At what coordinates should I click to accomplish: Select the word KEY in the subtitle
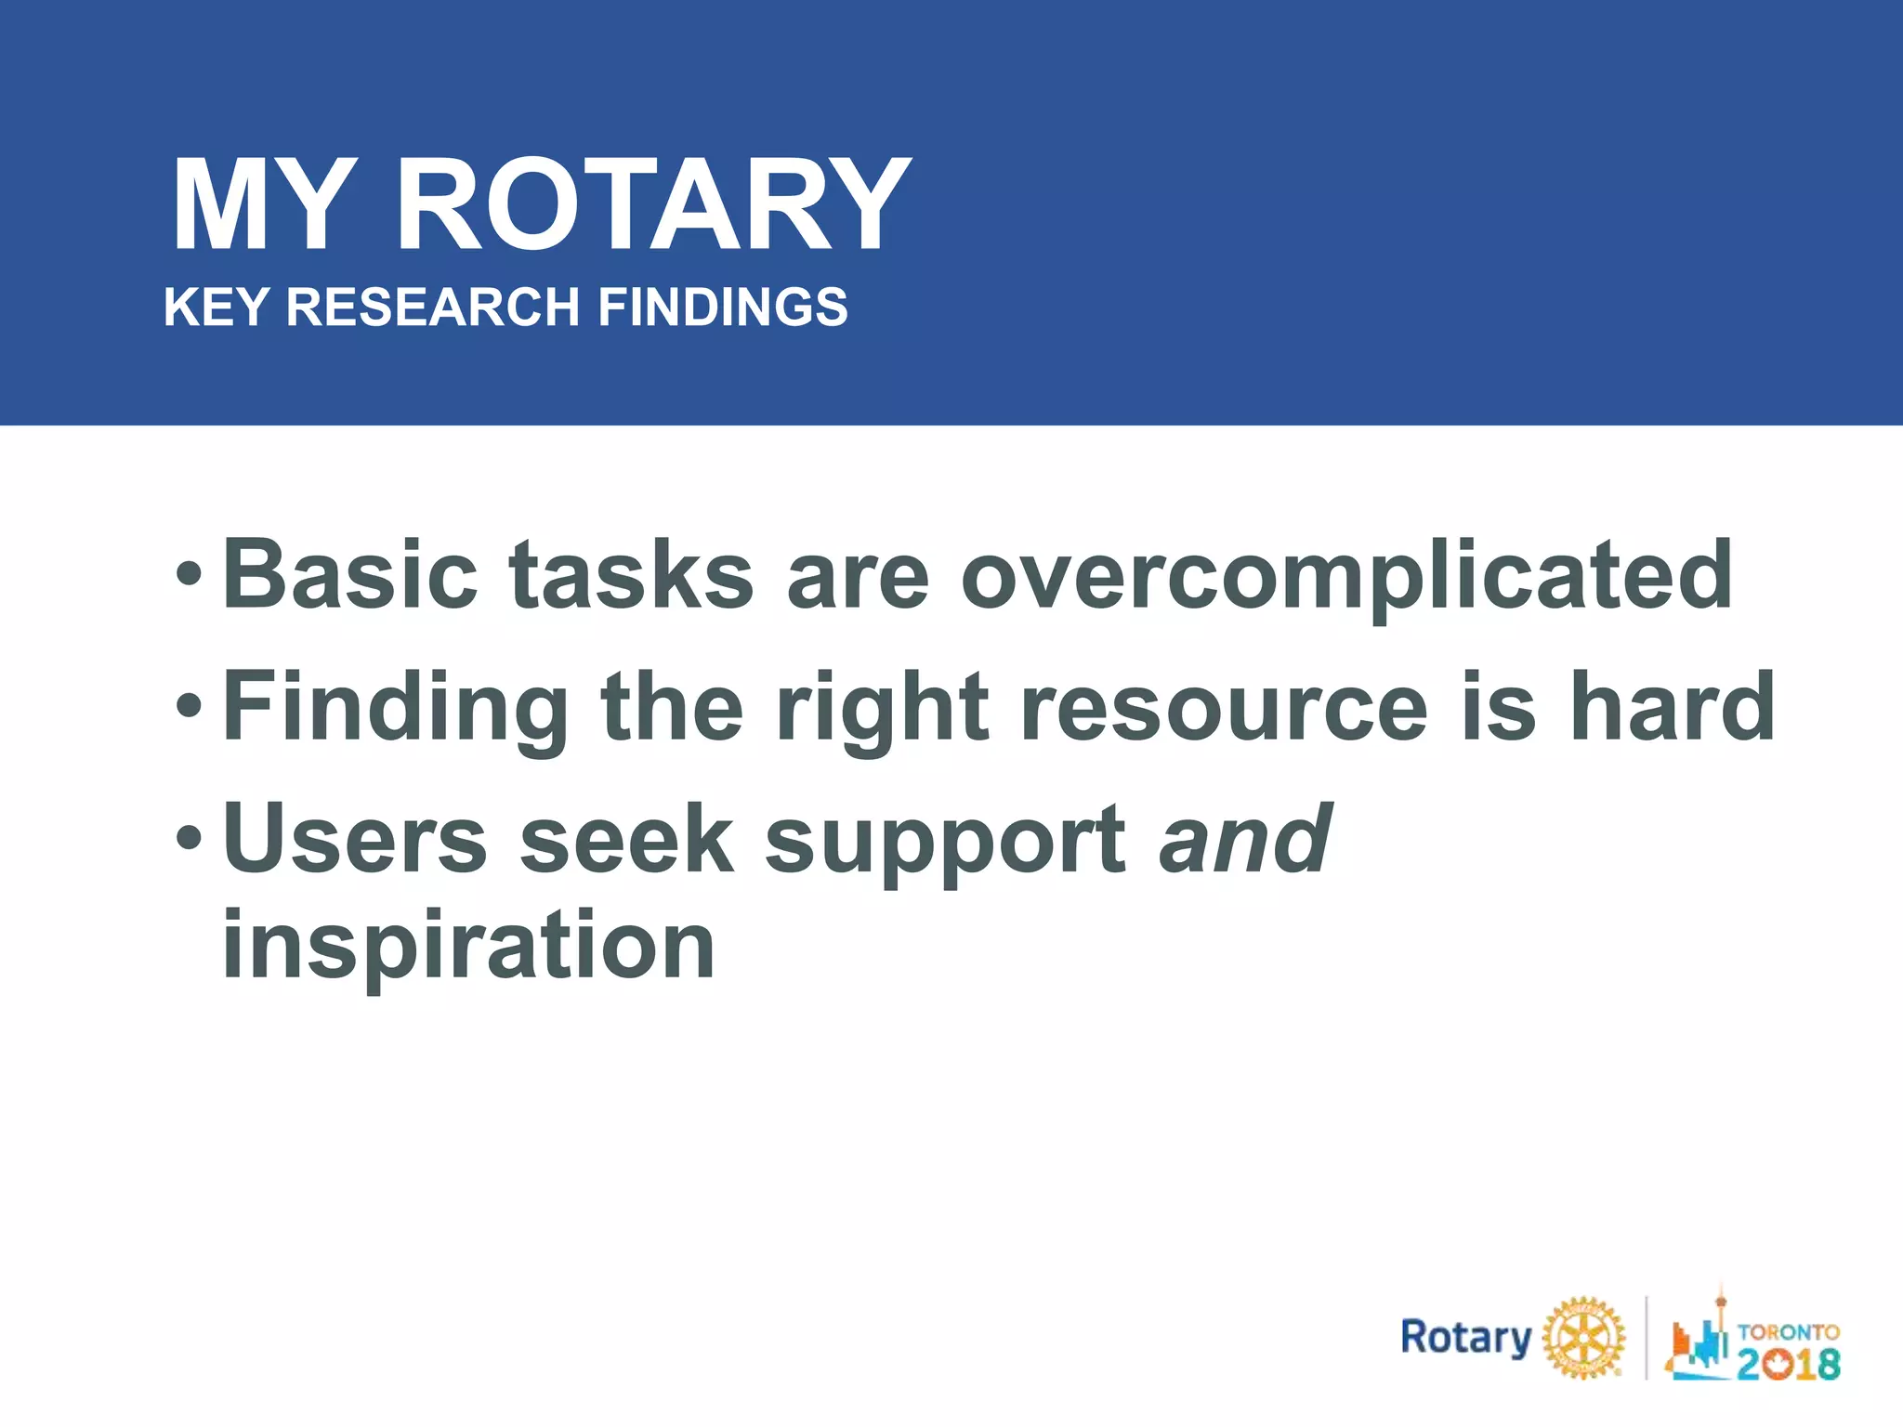[217, 308]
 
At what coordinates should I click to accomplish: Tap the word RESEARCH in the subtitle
[432, 308]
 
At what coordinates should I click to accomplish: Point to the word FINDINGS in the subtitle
[722, 308]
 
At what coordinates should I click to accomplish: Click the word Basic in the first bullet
[350, 575]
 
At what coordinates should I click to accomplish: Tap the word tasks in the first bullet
[631, 575]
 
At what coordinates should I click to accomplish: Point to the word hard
[1673, 708]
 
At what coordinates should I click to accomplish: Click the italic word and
[1245, 839]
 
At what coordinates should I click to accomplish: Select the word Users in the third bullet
[354, 839]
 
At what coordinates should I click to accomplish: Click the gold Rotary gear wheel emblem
[1583, 1339]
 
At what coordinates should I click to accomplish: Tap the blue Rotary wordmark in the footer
[1465, 1339]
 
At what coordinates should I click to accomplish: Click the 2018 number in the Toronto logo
[1788, 1364]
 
